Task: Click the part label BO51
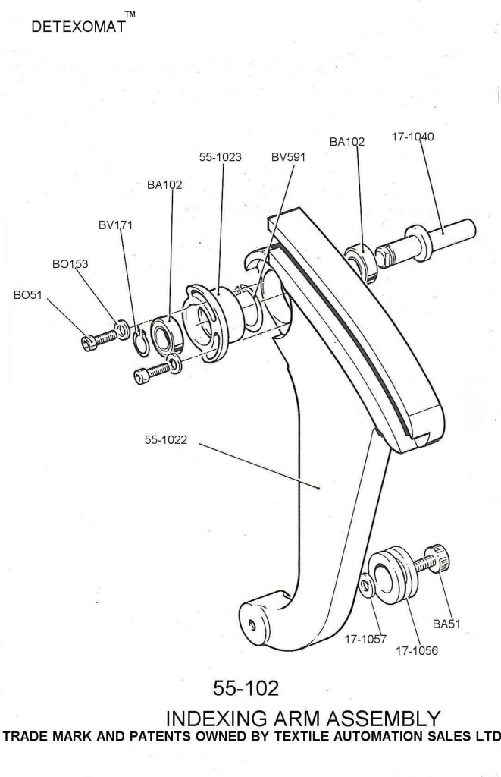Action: pyautogui.click(x=29, y=295)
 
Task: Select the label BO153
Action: pyautogui.click(x=69, y=264)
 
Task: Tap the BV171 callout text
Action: pyautogui.click(x=115, y=225)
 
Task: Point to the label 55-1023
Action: pyautogui.click(x=220, y=158)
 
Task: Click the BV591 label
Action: pyautogui.click(x=287, y=158)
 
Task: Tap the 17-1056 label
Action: pyautogui.click(x=416, y=650)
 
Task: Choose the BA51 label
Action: pyautogui.click(x=447, y=624)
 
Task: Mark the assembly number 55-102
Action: pyautogui.click(x=246, y=688)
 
